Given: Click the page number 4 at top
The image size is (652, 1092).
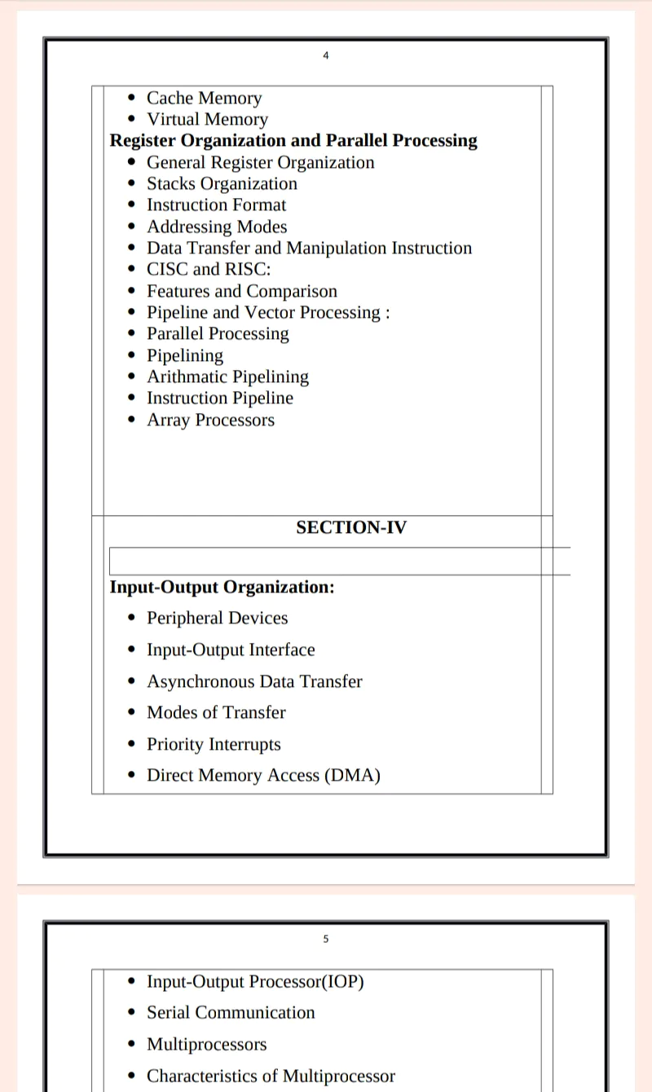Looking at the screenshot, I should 326,55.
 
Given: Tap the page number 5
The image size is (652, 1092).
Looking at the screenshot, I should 326,939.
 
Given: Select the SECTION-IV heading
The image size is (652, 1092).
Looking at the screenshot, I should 350,527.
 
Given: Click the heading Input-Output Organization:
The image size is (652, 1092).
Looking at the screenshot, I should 222,587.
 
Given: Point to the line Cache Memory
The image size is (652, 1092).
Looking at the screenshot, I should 204,99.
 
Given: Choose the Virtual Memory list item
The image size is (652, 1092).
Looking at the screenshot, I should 207,120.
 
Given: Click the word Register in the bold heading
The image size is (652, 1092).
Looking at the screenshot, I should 142,141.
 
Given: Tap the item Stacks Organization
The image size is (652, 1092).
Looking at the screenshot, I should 222,184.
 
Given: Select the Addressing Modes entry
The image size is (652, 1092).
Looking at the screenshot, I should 217,227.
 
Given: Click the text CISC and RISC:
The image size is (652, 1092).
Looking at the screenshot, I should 209,270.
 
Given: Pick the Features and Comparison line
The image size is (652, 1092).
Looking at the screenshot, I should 241,292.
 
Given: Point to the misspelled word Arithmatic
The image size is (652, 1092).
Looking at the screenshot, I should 187,377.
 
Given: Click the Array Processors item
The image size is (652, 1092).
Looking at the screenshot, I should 210,421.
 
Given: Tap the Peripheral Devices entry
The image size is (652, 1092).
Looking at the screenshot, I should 217,618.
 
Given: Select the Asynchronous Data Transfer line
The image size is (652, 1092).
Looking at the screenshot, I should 254,681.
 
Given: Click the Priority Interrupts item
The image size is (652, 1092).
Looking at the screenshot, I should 214,744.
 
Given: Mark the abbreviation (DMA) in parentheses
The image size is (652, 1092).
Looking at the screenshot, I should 352,776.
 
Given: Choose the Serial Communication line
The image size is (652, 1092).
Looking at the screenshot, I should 231,1013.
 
